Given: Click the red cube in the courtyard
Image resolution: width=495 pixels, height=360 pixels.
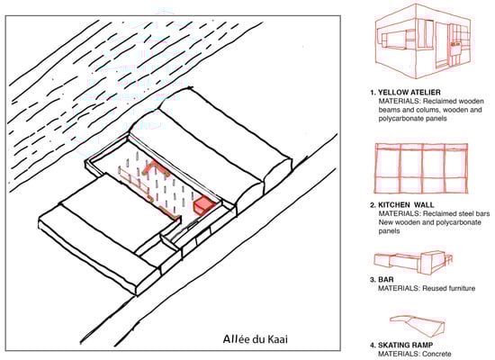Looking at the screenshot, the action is point(204,205).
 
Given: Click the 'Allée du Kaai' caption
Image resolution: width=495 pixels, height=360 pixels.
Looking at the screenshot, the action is point(255,339).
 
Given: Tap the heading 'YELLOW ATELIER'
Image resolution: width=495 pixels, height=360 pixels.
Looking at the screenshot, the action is point(409,93).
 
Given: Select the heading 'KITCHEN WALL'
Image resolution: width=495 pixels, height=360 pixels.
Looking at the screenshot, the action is point(406,205).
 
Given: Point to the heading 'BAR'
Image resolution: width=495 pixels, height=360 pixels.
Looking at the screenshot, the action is point(386,280).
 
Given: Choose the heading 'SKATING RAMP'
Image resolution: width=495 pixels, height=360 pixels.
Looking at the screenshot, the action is point(405,346).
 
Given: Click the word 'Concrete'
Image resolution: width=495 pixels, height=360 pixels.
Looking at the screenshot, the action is point(436,354).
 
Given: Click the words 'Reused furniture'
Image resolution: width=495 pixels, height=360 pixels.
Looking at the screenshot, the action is point(448,288).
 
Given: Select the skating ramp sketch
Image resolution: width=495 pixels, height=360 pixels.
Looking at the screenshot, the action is point(417,325).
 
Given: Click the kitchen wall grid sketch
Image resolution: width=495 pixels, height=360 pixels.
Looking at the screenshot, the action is point(421,168).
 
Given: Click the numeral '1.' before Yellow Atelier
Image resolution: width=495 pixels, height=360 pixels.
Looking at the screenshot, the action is point(373,93).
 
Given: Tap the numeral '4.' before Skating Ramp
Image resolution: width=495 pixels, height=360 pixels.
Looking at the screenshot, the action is point(373,346).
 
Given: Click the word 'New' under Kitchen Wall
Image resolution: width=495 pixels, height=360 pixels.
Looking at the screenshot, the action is point(385,222).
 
